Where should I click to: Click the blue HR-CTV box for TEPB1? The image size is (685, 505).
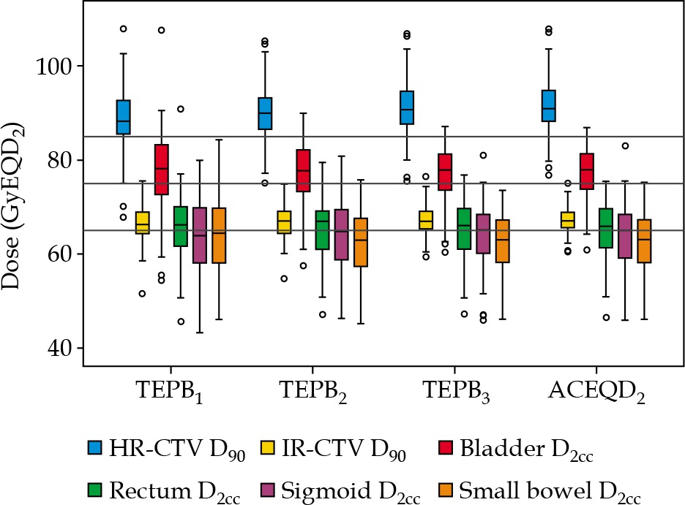coord(123,117)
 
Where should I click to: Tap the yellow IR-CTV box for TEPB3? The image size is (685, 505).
coord(425,220)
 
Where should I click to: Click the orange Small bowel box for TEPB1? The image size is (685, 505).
coord(218,235)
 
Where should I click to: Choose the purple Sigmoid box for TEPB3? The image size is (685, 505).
coord(482,234)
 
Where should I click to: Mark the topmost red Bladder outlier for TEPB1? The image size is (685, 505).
coord(161,30)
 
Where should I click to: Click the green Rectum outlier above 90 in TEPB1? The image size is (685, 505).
coord(180,109)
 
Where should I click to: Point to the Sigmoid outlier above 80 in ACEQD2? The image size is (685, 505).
coord(626,145)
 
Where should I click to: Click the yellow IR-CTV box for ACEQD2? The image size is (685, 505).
coord(567,219)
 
